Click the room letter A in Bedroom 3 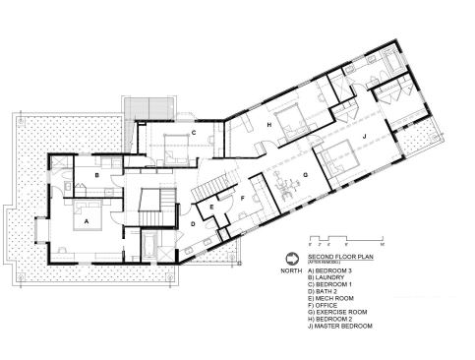tap(88, 222)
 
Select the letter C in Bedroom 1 tap(195, 132)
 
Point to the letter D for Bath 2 tap(193, 224)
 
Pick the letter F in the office tap(242, 197)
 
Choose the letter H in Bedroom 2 tap(268, 126)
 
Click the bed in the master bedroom tap(336, 156)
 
